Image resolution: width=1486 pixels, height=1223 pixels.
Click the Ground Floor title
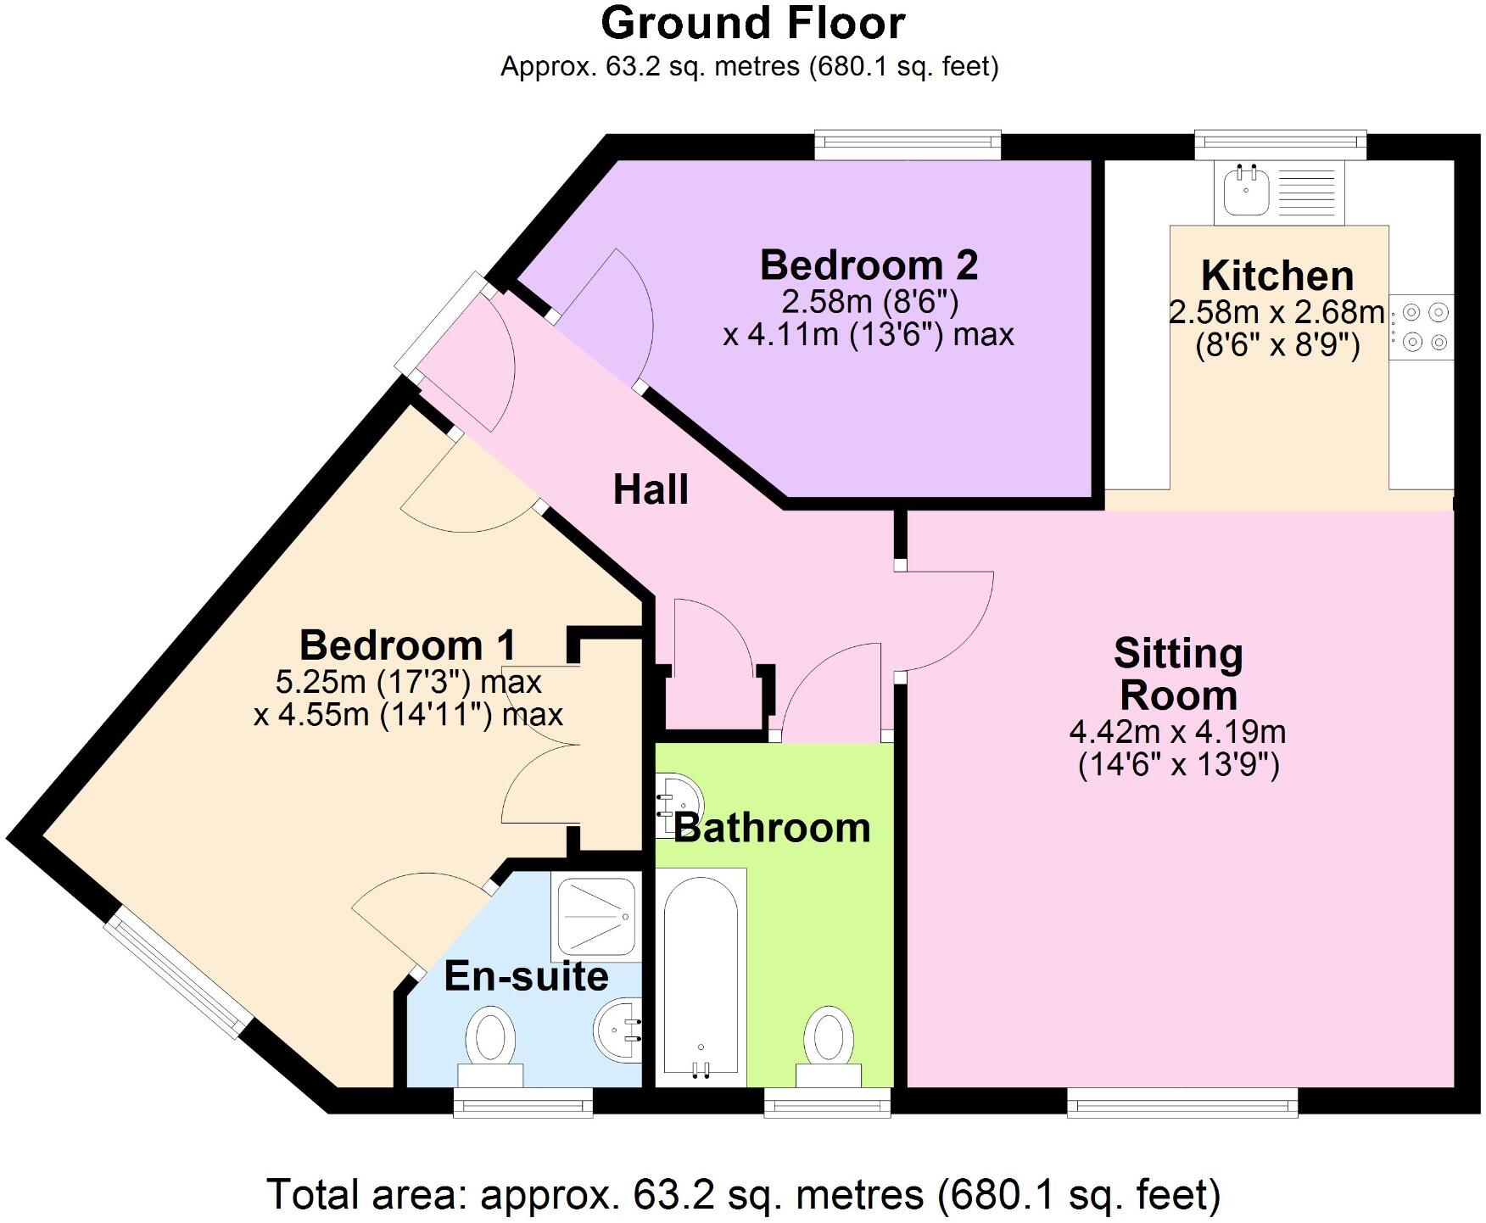click(752, 24)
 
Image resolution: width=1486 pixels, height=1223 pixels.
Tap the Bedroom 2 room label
click(869, 265)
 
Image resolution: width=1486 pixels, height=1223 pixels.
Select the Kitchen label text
click(1277, 276)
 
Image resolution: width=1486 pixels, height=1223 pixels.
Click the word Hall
click(651, 490)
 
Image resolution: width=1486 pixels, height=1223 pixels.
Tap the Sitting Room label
click(1178, 674)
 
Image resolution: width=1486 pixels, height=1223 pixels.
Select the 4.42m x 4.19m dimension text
click(1177, 731)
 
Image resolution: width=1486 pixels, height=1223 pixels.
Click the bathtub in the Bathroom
click(701, 975)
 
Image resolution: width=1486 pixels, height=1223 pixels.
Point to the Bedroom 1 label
click(407, 645)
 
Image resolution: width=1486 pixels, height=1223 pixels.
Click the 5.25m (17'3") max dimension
click(408, 682)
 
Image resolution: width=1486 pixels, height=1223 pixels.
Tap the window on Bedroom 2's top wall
click(908, 144)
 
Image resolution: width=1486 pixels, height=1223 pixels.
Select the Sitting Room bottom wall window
click(1182, 1103)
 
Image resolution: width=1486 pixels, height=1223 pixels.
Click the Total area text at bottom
click(743, 1194)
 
